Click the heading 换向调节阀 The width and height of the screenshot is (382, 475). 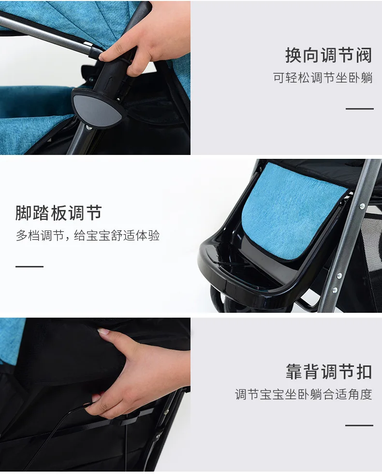pyautogui.click(x=329, y=56)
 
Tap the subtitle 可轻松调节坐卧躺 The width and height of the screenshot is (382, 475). pyautogui.click(x=323, y=78)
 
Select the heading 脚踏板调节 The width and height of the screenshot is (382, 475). pyautogui.click(x=59, y=213)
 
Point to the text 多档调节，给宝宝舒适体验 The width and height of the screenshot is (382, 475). pyautogui.click(x=88, y=236)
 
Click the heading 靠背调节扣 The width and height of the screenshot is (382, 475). pyautogui.click(x=329, y=371)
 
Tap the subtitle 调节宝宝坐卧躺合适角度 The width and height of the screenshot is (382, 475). pyautogui.click(x=303, y=394)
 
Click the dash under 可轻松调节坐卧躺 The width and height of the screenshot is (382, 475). pyautogui.click(x=360, y=109)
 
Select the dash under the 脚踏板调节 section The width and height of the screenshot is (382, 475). pyautogui.click(x=29, y=266)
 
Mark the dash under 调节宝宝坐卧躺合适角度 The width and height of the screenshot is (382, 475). pyautogui.click(x=359, y=426)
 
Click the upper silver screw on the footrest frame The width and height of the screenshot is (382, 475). pyautogui.click(x=362, y=206)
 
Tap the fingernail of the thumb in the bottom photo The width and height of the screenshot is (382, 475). pyautogui.click(x=103, y=331)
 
